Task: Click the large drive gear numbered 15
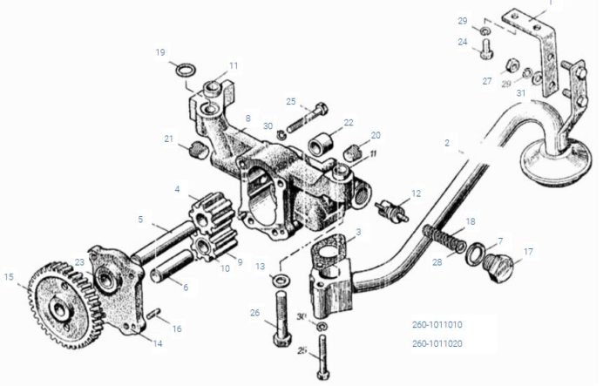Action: pyautogui.click(x=62, y=306)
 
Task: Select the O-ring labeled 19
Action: pyautogui.click(x=186, y=71)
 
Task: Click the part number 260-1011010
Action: pyautogui.click(x=437, y=324)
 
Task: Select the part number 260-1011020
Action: pyautogui.click(x=437, y=343)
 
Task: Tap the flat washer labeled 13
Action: pyautogui.click(x=281, y=279)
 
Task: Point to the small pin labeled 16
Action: pyautogui.click(x=153, y=313)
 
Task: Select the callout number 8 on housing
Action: pyautogui.click(x=247, y=119)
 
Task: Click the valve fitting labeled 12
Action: pyautogui.click(x=391, y=210)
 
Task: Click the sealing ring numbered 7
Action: pyautogui.click(x=476, y=254)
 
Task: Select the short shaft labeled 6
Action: pyautogui.click(x=173, y=266)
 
